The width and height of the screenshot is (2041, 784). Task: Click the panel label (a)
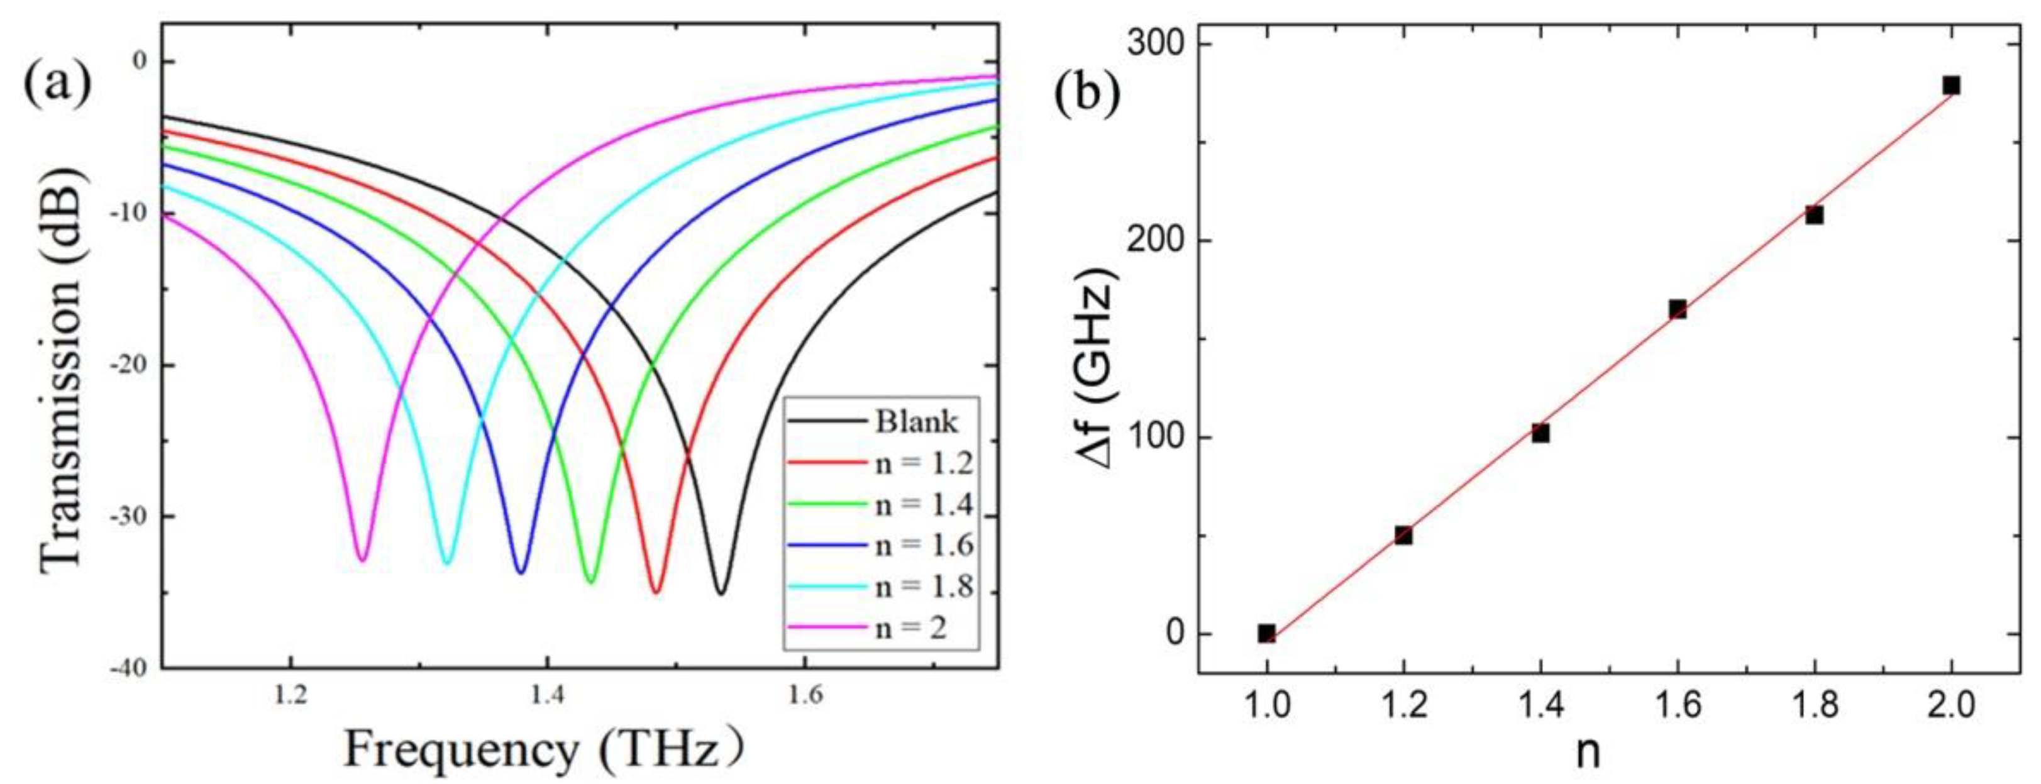pos(58,86)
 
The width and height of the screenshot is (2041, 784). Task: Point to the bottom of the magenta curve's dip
pos(362,558)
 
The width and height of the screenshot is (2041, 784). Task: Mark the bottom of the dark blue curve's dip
pos(521,571)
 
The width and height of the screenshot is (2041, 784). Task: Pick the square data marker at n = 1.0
pos(1267,632)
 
